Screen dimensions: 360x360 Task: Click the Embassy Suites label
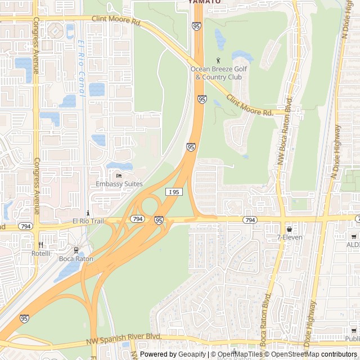point(119,184)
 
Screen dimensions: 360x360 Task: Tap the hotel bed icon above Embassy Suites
point(119,175)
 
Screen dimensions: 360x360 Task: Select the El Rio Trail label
point(88,221)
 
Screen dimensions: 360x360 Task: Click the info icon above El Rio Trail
point(88,213)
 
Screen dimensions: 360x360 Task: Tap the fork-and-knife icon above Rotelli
point(41,245)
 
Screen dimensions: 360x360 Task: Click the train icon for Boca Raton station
point(76,250)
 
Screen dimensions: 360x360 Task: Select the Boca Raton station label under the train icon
point(76,259)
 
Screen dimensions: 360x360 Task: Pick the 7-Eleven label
point(289,237)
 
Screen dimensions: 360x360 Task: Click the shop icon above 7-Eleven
point(289,229)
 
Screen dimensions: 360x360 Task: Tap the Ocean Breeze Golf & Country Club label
point(219,73)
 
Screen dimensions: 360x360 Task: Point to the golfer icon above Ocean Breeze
point(219,60)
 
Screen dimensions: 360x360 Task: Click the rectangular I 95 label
point(174,192)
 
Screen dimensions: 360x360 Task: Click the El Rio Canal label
point(82,69)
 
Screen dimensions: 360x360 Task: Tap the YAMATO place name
point(204,2)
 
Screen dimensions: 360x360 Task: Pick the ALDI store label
point(353,245)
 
